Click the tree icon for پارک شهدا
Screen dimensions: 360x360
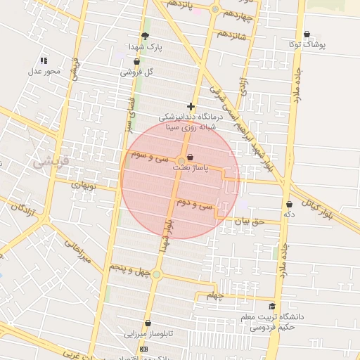click(146, 36)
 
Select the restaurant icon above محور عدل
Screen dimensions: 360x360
click(44, 61)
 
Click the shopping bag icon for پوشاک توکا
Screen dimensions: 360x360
click(307, 34)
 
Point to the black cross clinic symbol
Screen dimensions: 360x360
click(190, 106)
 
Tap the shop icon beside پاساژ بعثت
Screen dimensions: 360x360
click(190, 157)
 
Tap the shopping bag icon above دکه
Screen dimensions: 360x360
click(288, 204)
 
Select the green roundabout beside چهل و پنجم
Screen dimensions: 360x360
click(156, 274)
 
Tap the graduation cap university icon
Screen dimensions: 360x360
click(272, 306)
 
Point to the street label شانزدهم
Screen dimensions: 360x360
click(232, 34)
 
